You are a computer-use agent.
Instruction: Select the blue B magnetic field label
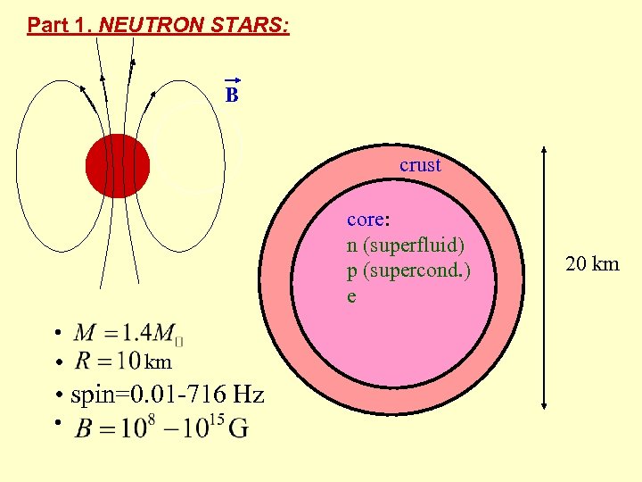click(232, 95)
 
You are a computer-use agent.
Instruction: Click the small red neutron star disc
click(118, 166)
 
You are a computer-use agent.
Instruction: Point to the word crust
click(420, 165)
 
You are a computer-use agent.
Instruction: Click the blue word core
click(365, 220)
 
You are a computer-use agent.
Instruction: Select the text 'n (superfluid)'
click(406, 245)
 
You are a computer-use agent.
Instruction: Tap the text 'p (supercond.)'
click(408, 270)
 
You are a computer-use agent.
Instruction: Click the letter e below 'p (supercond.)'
click(351, 295)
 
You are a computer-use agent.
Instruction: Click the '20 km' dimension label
click(592, 263)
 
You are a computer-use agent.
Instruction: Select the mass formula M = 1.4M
click(129, 334)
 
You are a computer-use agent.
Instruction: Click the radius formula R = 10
click(107, 361)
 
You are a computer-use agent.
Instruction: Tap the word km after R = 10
click(158, 362)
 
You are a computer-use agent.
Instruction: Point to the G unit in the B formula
click(238, 428)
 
